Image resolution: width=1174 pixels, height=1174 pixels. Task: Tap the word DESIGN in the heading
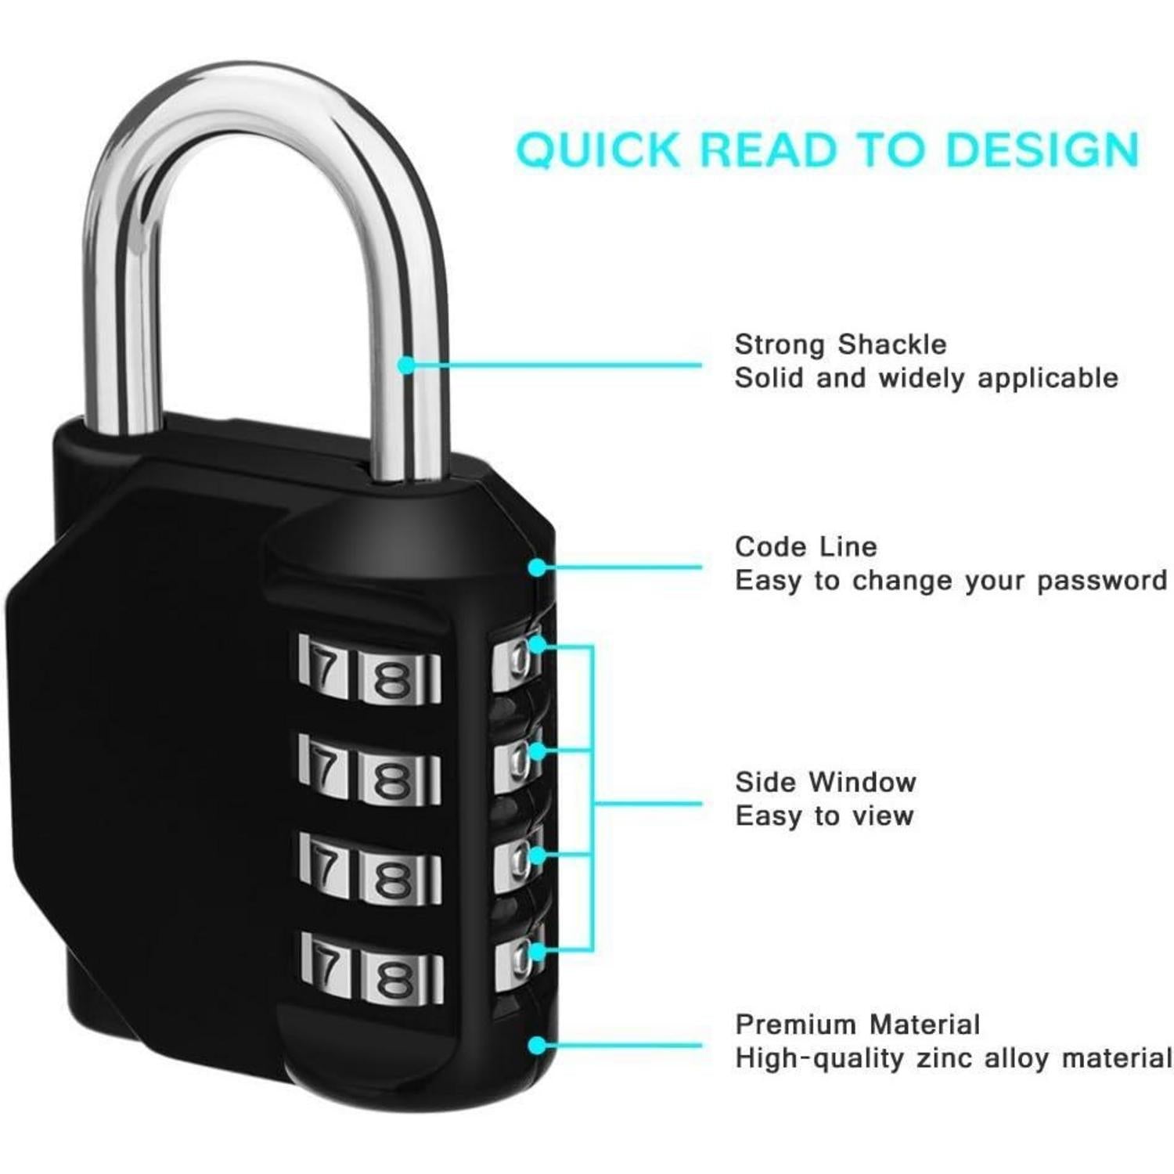click(x=1041, y=149)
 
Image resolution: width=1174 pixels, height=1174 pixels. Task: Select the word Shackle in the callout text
click(x=891, y=344)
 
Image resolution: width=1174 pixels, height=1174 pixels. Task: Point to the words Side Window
click(x=825, y=782)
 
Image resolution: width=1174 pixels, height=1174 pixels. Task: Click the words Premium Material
click(x=858, y=1025)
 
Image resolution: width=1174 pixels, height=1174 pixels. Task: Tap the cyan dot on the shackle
click(x=406, y=365)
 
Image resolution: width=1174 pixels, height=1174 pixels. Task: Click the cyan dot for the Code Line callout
click(x=538, y=567)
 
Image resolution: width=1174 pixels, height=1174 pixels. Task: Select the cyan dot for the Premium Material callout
click(x=538, y=1046)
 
